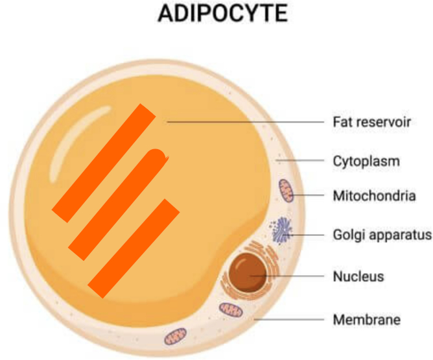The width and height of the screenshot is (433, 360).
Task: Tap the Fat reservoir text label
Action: [x=373, y=121]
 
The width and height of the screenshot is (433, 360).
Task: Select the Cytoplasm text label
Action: [x=366, y=160]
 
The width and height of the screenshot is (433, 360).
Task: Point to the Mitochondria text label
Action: [x=374, y=195]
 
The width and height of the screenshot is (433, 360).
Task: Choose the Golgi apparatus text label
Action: [x=382, y=234]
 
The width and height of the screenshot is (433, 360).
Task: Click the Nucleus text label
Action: [x=358, y=276]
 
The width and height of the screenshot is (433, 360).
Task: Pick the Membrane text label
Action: [x=366, y=319]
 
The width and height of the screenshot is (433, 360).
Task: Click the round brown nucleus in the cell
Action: [x=250, y=270]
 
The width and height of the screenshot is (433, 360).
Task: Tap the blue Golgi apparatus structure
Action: [x=283, y=231]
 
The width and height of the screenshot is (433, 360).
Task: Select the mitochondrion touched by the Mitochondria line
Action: [x=287, y=191]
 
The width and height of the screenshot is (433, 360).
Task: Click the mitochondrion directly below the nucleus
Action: [x=231, y=310]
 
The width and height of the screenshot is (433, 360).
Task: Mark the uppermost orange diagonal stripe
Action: [x=104, y=162]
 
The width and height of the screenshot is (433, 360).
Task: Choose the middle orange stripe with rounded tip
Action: [x=117, y=204]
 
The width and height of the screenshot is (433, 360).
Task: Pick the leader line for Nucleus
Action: [x=292, y=276]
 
